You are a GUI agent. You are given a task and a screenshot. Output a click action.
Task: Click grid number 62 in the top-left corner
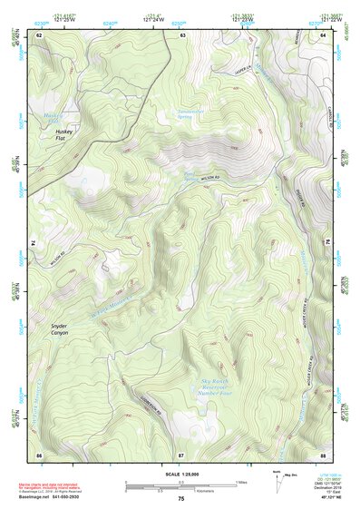click(x=39, y=34)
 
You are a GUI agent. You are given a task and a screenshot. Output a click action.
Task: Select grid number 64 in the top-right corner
click(x=324, y=34)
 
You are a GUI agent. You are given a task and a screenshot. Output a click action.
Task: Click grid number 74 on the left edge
click(x=34, y=243)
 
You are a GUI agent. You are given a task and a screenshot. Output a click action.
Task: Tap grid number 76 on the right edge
click(x=328, y=243)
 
